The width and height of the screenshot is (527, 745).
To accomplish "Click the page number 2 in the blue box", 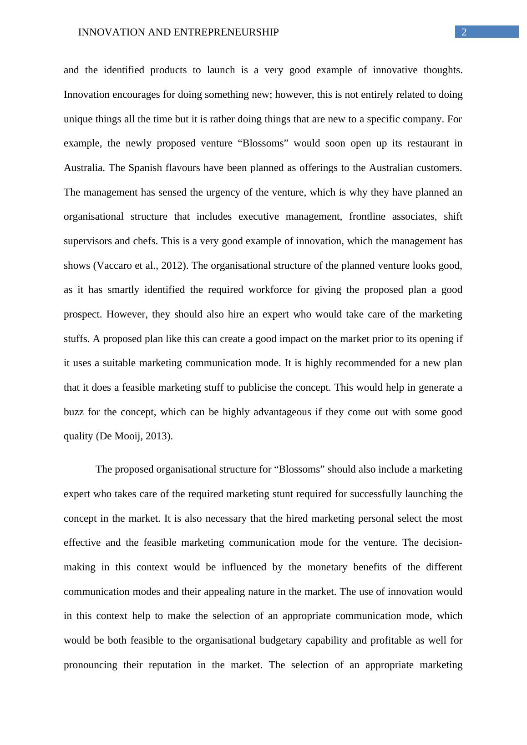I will point(464,32).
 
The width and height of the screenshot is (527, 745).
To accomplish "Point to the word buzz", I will point(73,412).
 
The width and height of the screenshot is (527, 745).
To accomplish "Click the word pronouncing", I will point(90,665).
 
